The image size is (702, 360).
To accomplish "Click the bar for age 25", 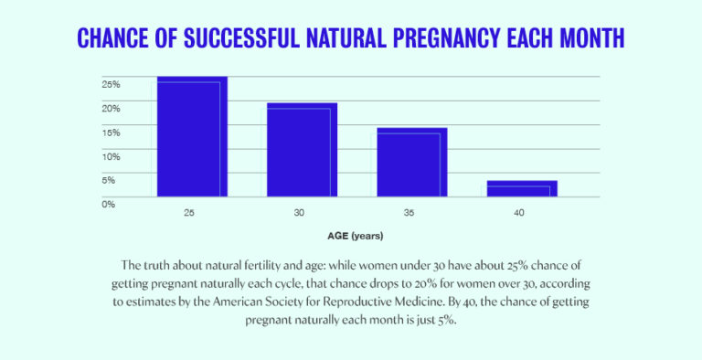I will pos(192,137).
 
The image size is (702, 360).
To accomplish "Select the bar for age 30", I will pos(302,150).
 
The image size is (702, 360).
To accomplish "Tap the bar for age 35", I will pos(412,163).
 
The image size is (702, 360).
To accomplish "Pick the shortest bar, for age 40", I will pos(522,188).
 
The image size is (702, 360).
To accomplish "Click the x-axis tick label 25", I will pos(189,213).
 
